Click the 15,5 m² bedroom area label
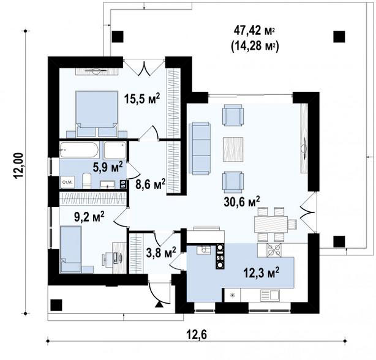(142, 99)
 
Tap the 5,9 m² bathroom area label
(108, 167)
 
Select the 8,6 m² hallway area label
(151, 184)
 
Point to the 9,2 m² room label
(89, 217)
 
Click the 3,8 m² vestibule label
(161, 252)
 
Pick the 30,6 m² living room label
(242, 201)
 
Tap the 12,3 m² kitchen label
(261, 273)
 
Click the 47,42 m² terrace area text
(254, 31)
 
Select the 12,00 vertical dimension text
(18, 166)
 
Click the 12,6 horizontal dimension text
(197, 335)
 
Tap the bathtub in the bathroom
(79, 150)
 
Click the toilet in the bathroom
(86, 181)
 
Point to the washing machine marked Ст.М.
(67, 182)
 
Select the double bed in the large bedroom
(97, 114)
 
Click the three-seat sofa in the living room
(200, 148)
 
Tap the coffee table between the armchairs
(233, 149)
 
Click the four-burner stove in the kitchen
(274, 250)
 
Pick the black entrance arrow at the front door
(159, 304)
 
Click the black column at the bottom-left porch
(56, 305)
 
